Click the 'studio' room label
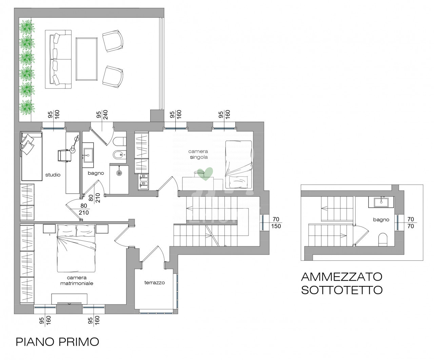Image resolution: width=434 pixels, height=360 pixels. (53, 175)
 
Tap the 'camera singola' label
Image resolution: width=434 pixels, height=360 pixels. (198, 154)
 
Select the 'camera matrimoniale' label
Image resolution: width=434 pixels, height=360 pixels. (77, 280)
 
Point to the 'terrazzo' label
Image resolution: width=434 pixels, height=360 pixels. (154, 282)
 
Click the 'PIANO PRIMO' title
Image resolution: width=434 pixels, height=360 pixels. (57, 342)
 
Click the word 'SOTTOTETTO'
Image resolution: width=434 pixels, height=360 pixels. (342, 290)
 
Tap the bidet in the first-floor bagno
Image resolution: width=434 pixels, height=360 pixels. (119, 155)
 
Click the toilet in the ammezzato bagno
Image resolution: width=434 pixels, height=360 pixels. (383, 239)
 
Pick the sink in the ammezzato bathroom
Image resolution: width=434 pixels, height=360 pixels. (381, 202)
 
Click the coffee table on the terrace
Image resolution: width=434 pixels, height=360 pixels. (86, 59)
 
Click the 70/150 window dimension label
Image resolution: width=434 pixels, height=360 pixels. (276, 223)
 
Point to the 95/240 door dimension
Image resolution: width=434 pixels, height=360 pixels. (102, 115)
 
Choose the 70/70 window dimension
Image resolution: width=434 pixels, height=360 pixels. (411, 223)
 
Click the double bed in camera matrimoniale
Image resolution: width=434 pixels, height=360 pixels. (76, 248)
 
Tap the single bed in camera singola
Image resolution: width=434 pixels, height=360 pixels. (239, 164)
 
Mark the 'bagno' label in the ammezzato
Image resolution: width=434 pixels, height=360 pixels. (381, 220)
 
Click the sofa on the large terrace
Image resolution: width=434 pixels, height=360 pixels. (58, 59)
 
